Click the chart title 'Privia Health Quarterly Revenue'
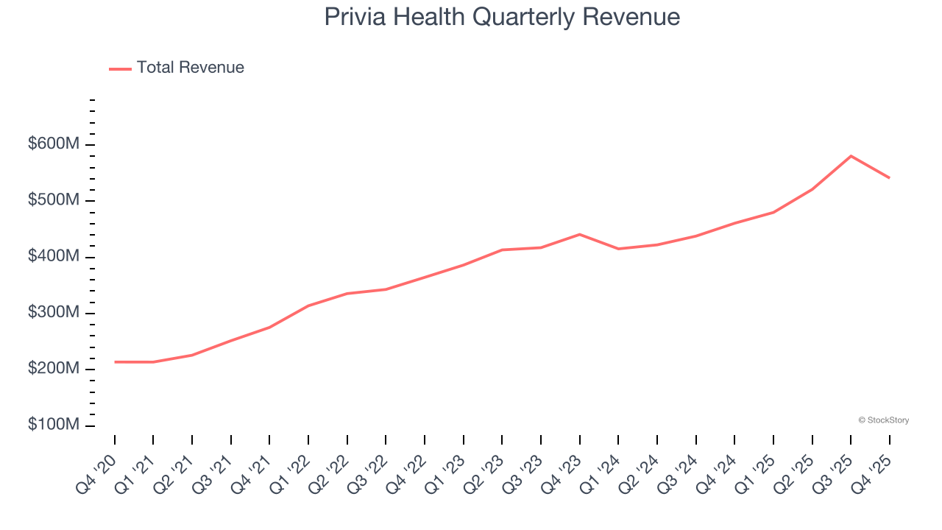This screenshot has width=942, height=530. [502, 17]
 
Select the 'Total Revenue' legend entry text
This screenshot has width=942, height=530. [190, 68]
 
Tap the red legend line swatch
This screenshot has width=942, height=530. [120, 68]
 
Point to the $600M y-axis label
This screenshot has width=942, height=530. [53, 144]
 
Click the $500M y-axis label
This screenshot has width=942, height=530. [53, 200]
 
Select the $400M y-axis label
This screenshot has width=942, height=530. [53, 257]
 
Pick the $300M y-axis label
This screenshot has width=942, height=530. [53, 313]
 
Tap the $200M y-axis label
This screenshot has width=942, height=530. [53, 369]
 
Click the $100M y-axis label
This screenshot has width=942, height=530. [53, 425]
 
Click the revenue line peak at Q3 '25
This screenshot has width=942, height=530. [851, 156]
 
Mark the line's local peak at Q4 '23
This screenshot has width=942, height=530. [580, 234]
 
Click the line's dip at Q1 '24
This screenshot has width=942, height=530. [618, 249]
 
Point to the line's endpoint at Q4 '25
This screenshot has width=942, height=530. [889, 177]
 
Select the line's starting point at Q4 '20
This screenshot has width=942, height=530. [115, 362]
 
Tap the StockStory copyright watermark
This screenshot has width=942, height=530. [883, 420]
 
